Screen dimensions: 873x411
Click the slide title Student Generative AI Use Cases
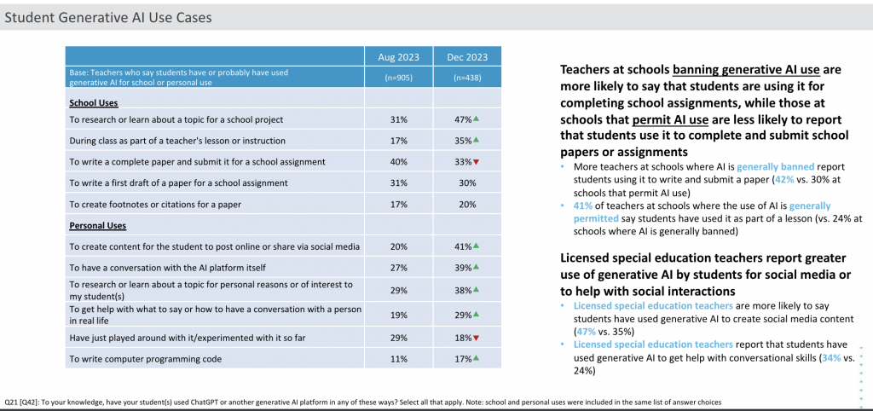point(108,17)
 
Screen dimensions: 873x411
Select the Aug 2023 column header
point(399,57)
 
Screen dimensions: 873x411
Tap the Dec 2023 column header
point(467,57)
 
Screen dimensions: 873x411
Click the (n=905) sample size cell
point(399,78)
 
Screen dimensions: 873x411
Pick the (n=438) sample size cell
point(467,78)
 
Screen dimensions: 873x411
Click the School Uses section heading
point(94,103)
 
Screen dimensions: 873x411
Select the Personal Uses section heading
point(98,226)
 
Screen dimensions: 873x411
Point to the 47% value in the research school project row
point(463,119)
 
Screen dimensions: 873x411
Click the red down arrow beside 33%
point(476,162)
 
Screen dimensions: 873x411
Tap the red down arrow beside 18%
point(476,338)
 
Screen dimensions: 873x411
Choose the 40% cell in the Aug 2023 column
point(399,162)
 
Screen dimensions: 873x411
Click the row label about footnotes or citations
point(155,205)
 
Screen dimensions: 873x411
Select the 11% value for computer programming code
point(399,359)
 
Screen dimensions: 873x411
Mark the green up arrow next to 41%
point(476,246)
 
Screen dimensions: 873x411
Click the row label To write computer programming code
point(146,359)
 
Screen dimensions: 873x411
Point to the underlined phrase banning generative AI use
point(746,70)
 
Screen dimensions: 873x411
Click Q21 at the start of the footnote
point(10,402)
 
